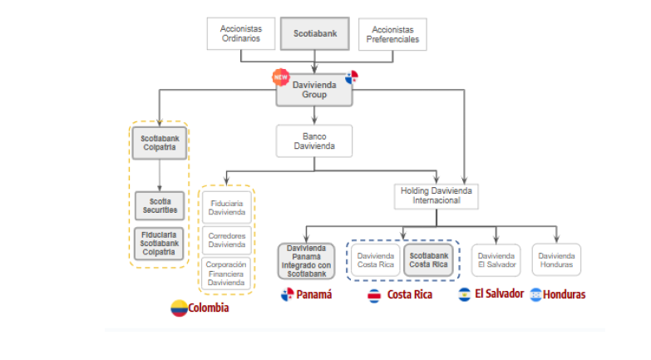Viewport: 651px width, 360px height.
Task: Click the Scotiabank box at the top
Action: (x=314, y=34)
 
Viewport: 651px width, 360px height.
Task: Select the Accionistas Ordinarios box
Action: (x=240, y=34)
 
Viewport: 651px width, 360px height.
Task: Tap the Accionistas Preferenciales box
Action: (x=392, y=34)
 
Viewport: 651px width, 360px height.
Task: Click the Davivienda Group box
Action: (x=314, y=90)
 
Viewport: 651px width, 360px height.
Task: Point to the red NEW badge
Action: (x=280, y=77)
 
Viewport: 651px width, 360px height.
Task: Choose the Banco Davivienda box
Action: (x=314, y=141)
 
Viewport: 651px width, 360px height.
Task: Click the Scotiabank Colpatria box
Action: (x=160, y=142)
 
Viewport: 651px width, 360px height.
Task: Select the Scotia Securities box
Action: (x=160, y=205)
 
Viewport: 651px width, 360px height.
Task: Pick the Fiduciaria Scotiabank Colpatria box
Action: (x=160, y=242)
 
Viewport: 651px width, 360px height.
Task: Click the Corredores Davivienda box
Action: (x=226, y=240)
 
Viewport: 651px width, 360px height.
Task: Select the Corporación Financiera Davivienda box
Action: (x=226, y=274)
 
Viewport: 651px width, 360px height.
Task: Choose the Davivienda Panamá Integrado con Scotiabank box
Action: (x=307, y=259)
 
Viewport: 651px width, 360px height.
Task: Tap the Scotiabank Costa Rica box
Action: (x=429, y=259)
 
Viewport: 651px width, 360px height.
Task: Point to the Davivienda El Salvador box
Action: (x=496, y=259)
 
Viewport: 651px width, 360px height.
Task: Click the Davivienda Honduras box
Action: (x=556, y=259)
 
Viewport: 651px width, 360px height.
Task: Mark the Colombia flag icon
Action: (x=179, y=308)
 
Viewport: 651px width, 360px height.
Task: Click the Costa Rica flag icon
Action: (x=375, y=295)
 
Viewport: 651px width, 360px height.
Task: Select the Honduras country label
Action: (x=565, y=294)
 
